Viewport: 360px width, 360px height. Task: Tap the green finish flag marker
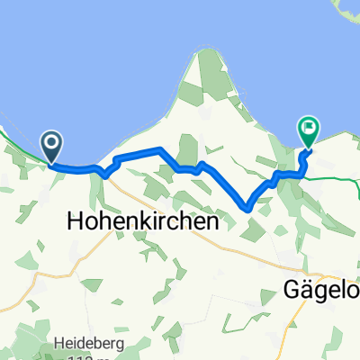[309, 132]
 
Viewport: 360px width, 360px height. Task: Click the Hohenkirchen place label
[144, 220]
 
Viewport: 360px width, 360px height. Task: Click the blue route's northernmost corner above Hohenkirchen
[159, 148]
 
